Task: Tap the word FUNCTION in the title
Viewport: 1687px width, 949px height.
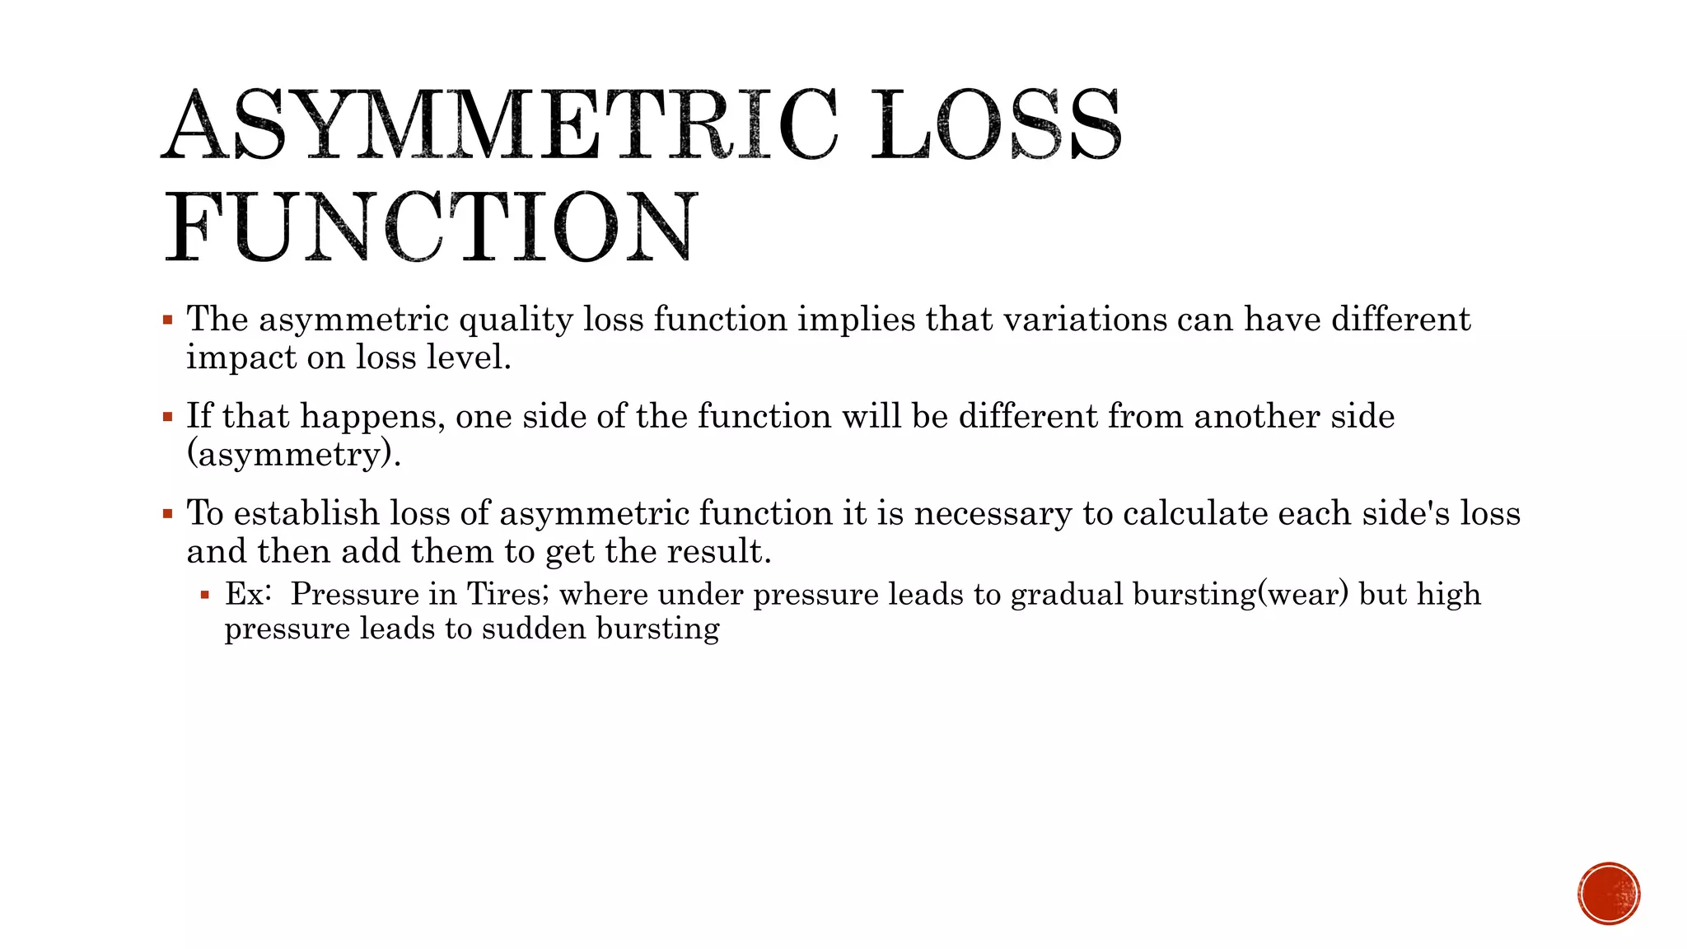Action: tap(432, 227)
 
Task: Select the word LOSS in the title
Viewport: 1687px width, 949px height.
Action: tap(997, 125)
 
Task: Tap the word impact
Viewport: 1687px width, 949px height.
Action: tap(241, 358)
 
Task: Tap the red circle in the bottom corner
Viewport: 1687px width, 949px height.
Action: tap(1609, 894)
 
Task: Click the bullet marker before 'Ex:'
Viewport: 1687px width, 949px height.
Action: tap(205, 594)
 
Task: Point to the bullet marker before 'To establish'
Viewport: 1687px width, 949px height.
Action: tap(168, 514)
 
